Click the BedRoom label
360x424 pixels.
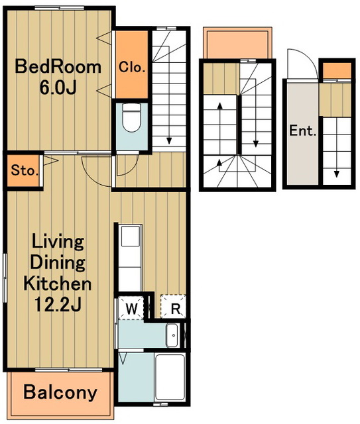coord(58,67)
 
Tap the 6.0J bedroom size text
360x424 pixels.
coord(58,87)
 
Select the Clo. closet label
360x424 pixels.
coord(132,67)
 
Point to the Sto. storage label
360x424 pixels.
coord(24,171)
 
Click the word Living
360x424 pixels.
coord(58,242)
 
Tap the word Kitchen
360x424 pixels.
coord(58,284)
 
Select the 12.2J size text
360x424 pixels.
coord(58,305)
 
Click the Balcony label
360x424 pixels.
coord(60,392)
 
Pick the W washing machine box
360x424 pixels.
coord(131,308)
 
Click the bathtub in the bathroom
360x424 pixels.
coord(170,378)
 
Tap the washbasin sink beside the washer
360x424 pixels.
coord(172,335)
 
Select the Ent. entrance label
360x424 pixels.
coord(303,131)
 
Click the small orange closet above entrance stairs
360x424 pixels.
coord(337,71)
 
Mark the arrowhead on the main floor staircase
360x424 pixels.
coord(169,141)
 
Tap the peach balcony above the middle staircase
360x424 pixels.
coord(237,42)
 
